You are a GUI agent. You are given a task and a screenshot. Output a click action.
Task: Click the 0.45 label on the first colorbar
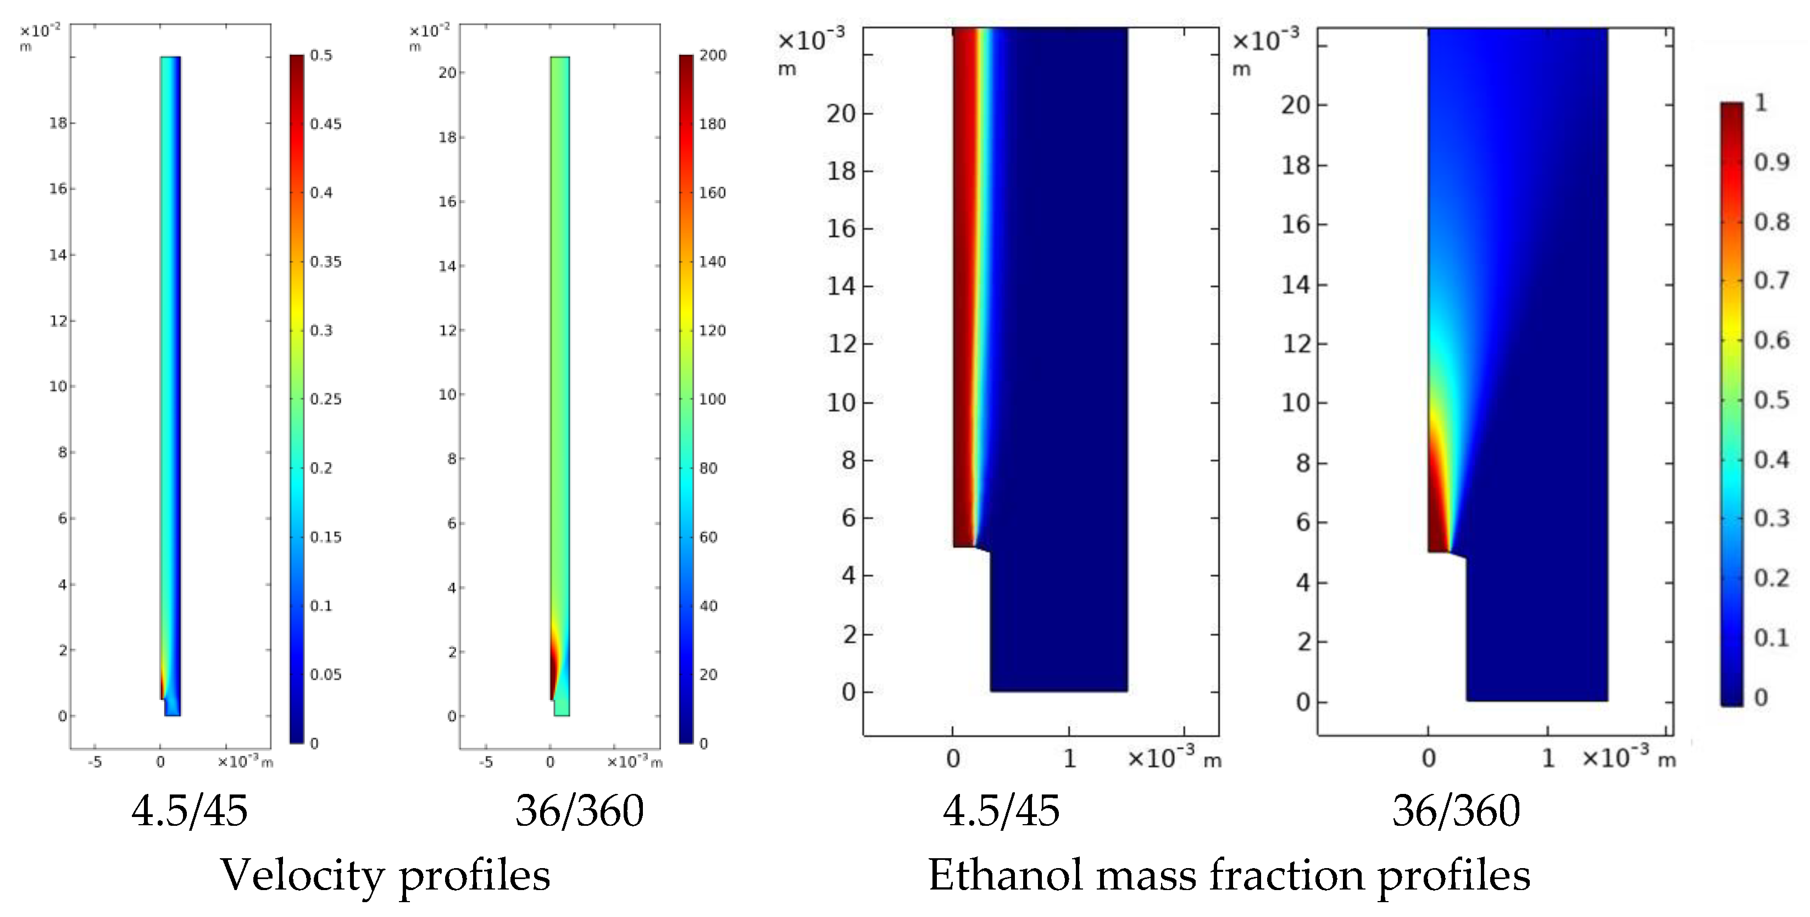coord(325,124)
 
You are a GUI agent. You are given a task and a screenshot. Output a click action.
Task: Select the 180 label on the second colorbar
coord(712,124)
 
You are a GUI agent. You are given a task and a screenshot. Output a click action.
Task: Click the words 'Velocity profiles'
coord(385,876)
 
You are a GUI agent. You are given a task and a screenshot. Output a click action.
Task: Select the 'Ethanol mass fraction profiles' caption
coord(1229,876)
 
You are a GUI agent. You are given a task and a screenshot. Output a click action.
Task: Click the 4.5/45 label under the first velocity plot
coord(190,811)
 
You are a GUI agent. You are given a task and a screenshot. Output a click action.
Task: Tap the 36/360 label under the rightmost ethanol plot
coord(1456,811)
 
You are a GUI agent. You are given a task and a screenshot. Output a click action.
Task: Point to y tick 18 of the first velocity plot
coord(58,123)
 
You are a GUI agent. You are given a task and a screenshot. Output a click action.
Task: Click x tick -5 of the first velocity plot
coord(95,762)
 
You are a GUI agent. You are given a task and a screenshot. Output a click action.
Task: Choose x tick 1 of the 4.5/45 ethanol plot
coord(1069,759)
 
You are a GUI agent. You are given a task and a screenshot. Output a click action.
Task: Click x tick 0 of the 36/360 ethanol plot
coord(1429,759)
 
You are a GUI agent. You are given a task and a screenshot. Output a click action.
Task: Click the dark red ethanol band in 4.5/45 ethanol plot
coord(961,281)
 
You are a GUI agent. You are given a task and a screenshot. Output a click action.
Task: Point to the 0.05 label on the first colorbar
coord(325,675)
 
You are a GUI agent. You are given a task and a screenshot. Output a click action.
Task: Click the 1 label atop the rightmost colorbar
coord(1761,103)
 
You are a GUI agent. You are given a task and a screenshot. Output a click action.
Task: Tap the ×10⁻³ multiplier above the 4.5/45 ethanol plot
coord(811,40)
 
